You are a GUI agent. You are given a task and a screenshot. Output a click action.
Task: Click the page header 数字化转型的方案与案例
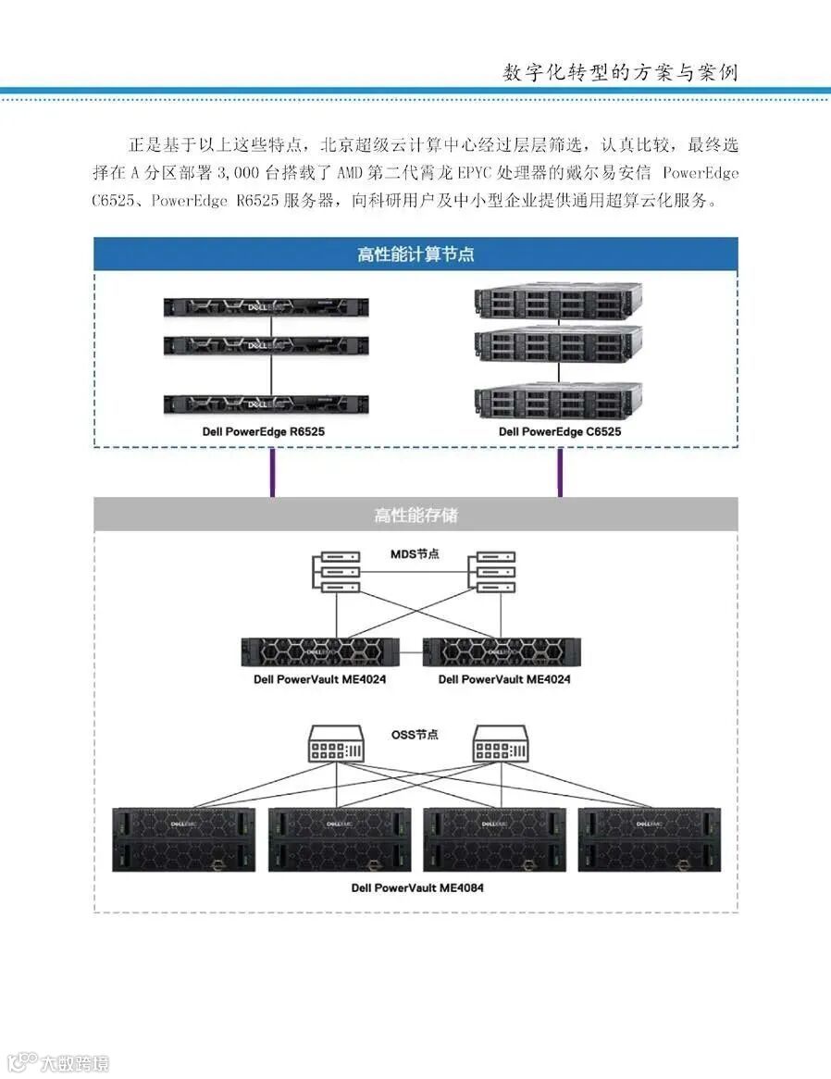(620, 72)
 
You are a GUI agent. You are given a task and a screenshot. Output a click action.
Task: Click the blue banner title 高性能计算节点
(415, 254)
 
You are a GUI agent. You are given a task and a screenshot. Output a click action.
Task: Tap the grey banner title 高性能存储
(415, 515)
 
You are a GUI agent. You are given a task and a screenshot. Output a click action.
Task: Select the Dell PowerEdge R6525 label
(264, 432)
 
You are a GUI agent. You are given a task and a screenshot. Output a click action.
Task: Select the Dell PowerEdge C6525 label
(560, 432)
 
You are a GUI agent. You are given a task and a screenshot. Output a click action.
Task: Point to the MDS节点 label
(415, 554)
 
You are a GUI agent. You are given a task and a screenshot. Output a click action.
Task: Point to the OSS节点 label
(415, 735)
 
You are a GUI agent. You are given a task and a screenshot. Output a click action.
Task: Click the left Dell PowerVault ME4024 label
(319, 679)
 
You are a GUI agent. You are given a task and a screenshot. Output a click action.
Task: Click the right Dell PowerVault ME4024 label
(504, 679)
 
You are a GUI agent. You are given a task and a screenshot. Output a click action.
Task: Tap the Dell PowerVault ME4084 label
(417, 888)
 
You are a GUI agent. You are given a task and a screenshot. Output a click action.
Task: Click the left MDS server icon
(335, 573)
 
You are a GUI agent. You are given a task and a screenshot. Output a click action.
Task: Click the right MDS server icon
(493, 573)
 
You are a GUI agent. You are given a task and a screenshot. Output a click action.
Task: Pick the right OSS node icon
(500, 744)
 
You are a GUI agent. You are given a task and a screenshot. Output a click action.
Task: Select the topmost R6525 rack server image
(266, 309)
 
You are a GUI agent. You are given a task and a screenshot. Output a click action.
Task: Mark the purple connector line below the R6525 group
(272, 473)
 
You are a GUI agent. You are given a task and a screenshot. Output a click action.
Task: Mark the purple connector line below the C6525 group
(559, 473)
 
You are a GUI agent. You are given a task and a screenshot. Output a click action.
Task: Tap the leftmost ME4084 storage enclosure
(183, 839)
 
